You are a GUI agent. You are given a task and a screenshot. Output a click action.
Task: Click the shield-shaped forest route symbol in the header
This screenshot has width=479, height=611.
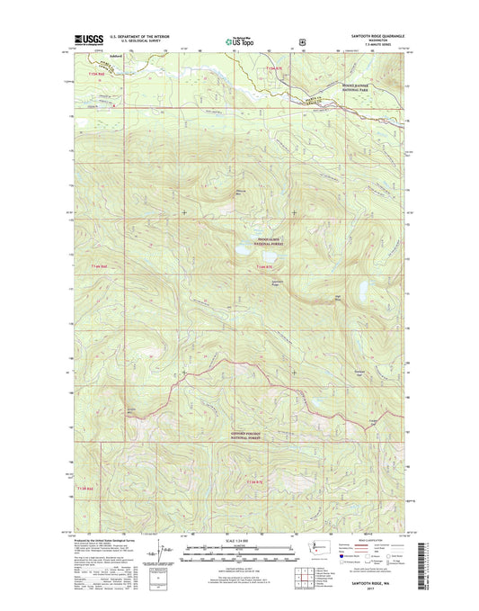(x=303, y=40)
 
